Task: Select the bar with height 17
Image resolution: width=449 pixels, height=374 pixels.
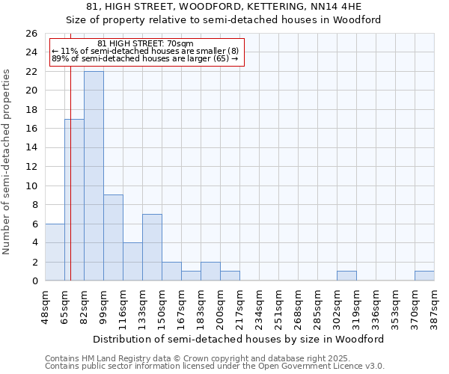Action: point(74,200)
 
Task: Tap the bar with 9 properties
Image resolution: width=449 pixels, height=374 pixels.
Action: point(113,238)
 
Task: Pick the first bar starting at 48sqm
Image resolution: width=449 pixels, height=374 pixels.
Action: point(55,252)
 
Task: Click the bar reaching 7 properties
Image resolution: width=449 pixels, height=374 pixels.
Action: point(152,248)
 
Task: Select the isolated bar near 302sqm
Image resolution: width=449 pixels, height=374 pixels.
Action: point(346,276)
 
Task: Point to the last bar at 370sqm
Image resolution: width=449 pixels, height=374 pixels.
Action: point(424,276)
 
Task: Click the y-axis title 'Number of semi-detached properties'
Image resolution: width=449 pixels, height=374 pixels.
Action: point(7,162)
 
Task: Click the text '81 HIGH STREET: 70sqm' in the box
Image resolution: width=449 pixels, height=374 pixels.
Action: point(146,43)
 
